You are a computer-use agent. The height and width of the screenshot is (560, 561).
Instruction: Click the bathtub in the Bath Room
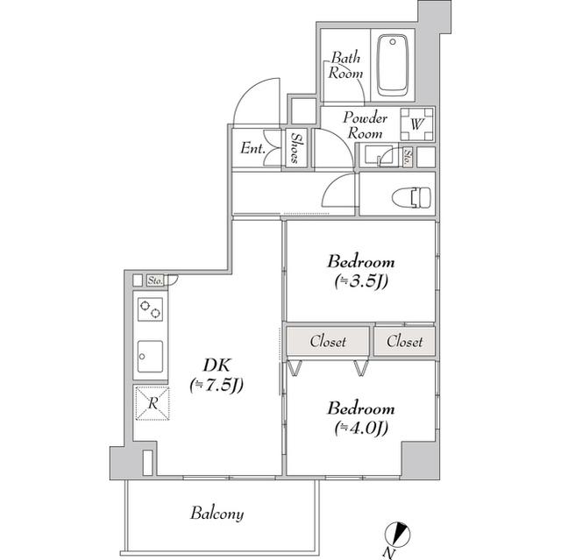[393, 65]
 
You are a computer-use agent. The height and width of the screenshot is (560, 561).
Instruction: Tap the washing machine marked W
[417, 124]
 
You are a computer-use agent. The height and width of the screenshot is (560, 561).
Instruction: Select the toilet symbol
[411, 197]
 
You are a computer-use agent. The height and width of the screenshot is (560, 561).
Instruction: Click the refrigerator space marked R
[153, 403]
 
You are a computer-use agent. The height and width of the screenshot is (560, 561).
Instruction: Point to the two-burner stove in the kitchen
[150, 309]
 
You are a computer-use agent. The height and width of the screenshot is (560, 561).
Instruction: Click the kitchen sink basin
[150, 356]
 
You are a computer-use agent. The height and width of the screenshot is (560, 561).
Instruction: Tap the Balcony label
[217, 514]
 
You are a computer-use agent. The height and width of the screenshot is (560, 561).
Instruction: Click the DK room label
[217, 365]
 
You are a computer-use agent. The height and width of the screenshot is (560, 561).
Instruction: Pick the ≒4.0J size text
[361, 428]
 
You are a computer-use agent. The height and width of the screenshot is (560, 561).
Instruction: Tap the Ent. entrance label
[252, 148]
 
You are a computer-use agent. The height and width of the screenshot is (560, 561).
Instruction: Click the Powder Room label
[366, 125]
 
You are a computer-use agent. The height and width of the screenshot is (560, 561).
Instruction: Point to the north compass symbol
[397, 535]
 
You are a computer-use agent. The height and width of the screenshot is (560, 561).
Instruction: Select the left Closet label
[328, 342]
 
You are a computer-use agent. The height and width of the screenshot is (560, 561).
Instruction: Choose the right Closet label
[405, 342]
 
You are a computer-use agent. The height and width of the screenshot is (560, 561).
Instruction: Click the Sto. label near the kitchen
[155, 280]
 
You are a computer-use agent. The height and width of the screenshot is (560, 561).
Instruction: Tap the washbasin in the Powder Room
[378, 155]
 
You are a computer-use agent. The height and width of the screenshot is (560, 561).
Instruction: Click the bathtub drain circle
[393, 42]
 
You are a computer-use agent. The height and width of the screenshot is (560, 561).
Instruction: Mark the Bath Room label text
[345, 65]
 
